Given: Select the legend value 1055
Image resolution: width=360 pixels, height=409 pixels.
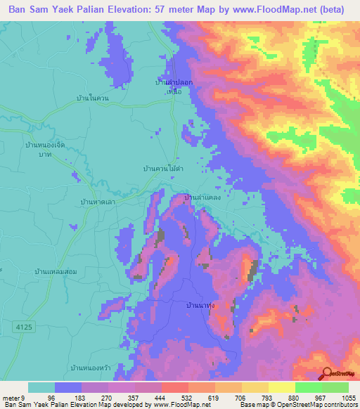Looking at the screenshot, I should pos(348,397).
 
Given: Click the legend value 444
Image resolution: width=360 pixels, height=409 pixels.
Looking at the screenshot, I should pos(160,397).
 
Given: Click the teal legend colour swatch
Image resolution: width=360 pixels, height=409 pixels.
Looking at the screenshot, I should pos(41,387).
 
